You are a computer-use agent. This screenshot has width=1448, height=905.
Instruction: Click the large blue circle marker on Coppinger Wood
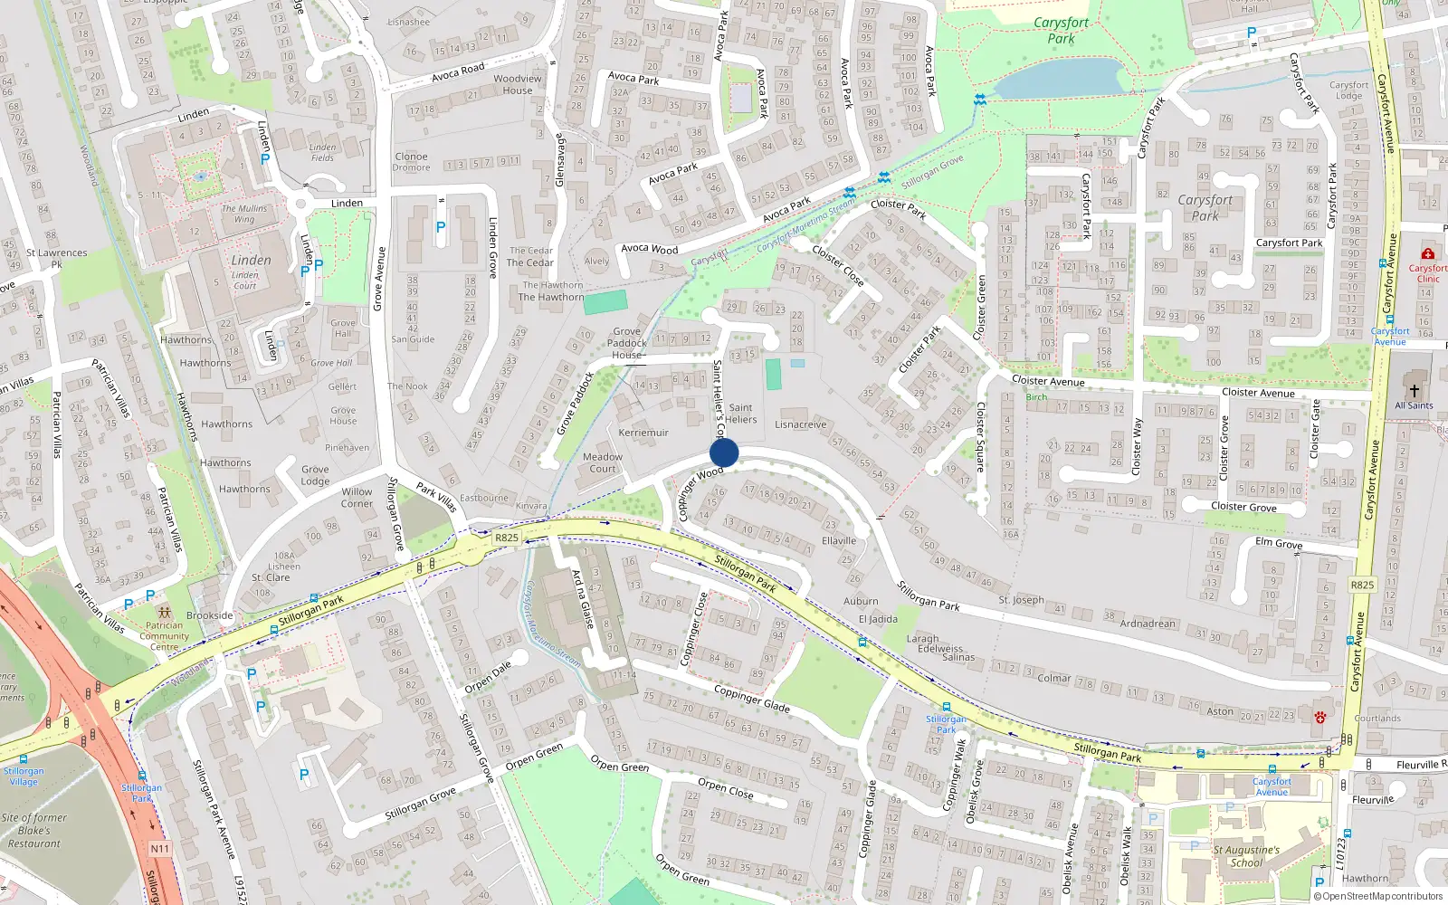[724, 452]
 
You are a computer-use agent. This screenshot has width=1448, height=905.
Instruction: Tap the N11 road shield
[160, 849]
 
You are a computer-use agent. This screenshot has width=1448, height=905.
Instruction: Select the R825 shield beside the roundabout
[507, 538]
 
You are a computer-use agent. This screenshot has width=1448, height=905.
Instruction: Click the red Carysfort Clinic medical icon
[1428, 254]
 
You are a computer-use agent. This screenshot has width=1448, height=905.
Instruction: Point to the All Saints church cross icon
[1414, 391]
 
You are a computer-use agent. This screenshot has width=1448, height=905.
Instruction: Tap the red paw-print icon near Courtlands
[1320, 718]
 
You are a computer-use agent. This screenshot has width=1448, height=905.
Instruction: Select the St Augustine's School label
[1246, 856]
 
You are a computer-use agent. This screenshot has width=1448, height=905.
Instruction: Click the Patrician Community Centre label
[164, 635]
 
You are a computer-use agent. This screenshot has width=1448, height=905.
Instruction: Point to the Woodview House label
[518, 84]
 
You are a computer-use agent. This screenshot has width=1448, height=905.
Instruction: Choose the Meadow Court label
[603, 462]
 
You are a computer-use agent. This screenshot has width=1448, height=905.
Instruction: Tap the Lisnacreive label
[801, 424]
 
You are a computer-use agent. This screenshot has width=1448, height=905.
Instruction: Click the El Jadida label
[878, 619]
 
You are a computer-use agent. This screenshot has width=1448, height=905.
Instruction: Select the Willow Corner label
[357, 498]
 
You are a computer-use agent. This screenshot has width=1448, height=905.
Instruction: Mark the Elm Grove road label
[1279, 543]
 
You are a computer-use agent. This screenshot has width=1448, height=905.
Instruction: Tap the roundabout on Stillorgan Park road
[471, 548]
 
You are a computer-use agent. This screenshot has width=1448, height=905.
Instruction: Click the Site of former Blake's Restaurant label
[34, 831]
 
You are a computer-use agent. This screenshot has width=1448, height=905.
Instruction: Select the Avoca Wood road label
[649, 248]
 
